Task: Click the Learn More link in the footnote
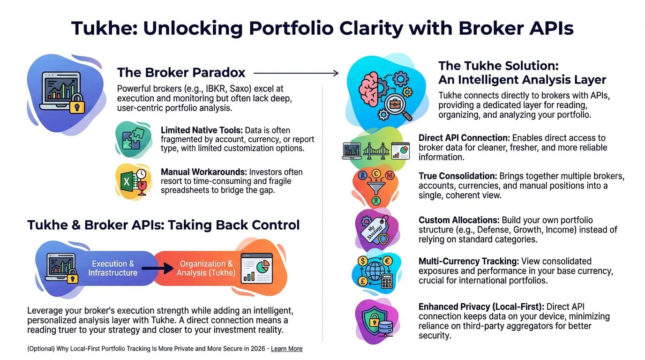coord(286,349)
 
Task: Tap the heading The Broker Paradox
coord(181,73)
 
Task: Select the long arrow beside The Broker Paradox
coord(296,73)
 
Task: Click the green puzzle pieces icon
coord(133,139)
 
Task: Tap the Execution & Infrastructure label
coord(113,268)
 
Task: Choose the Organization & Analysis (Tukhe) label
coord(206,268)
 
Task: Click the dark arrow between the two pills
coord(158,269)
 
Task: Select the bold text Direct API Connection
coord(464,138)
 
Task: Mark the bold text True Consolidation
coord(457,176)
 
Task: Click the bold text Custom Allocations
coord(459,220)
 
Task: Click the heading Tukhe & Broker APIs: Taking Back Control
coord(163,225)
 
